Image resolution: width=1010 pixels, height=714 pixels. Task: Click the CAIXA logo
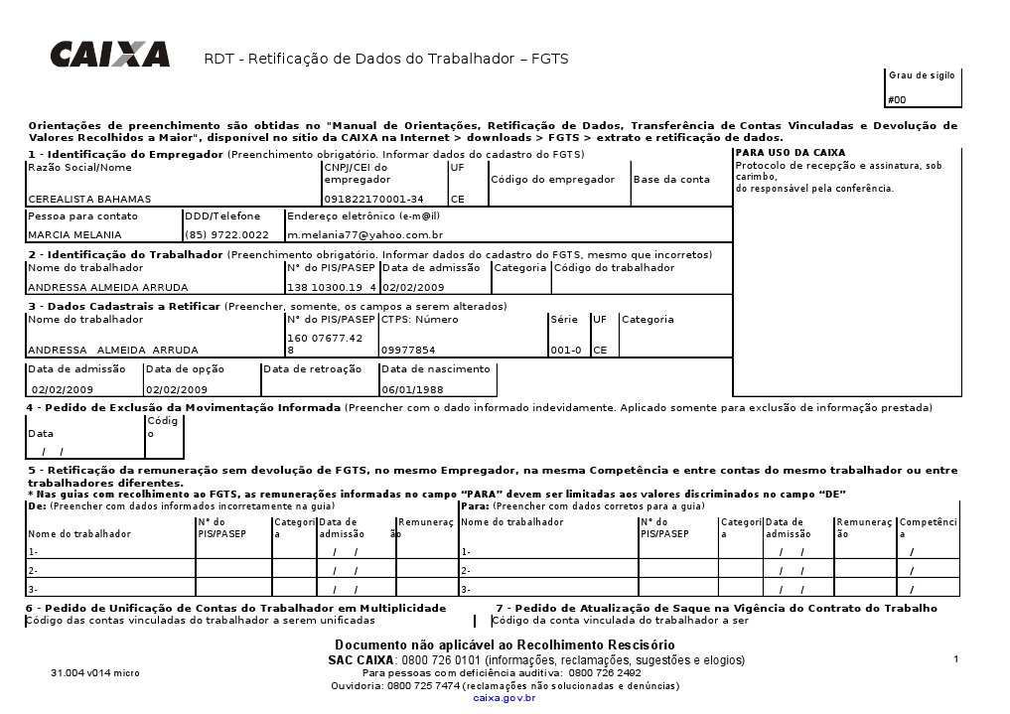tap(109, 53)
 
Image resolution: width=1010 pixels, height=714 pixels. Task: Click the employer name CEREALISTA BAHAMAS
tap(89, 200)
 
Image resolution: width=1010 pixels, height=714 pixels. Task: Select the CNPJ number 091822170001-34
tap(373, 200)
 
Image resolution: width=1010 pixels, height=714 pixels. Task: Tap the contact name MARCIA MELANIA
tap(74, 235)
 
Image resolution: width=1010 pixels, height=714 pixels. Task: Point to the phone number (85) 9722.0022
tap(227, 235)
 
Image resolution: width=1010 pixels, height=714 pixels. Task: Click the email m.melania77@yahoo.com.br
tap(364, 235)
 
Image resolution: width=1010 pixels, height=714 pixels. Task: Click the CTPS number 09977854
tap(408, 351)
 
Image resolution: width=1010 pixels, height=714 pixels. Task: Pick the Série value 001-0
tap(565, 351)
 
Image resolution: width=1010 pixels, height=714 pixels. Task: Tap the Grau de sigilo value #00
tap(897, 100)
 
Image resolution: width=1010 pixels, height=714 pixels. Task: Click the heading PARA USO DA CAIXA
tap(791, 153)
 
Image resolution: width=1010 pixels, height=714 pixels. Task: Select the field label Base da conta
tap(672, 180)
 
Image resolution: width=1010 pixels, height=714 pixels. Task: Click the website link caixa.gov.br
tap(505, 698)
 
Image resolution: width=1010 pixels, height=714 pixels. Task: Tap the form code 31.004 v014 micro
tap(95, 673)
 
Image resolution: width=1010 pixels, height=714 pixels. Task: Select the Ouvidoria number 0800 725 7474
tap(424, 686)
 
